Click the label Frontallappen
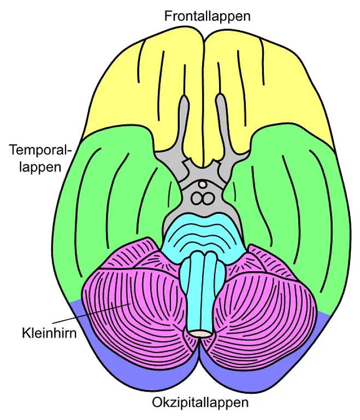coord(207,16)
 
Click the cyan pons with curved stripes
coord(202,232)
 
